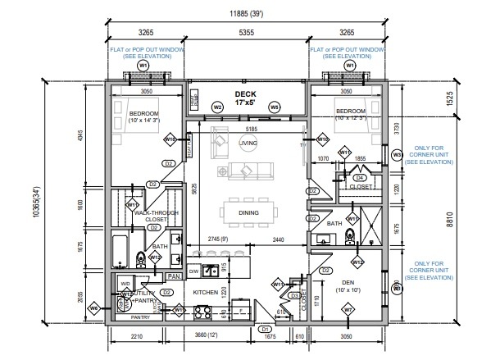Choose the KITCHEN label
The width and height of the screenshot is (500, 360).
[x=205, y=291]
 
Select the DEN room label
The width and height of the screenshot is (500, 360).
[x=348, y=283]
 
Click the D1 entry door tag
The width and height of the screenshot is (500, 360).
[x=265, y=329]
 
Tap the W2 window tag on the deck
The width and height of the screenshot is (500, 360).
[x=217, y=107]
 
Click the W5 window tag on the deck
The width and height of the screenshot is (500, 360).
[x=275, y=107]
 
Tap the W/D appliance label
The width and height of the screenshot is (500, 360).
[x=126, y=284]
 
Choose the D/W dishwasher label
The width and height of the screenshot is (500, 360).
[x=194, y=271]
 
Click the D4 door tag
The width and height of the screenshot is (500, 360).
[x=358, y=177]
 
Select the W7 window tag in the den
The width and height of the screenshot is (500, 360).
[x=348, y=309]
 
